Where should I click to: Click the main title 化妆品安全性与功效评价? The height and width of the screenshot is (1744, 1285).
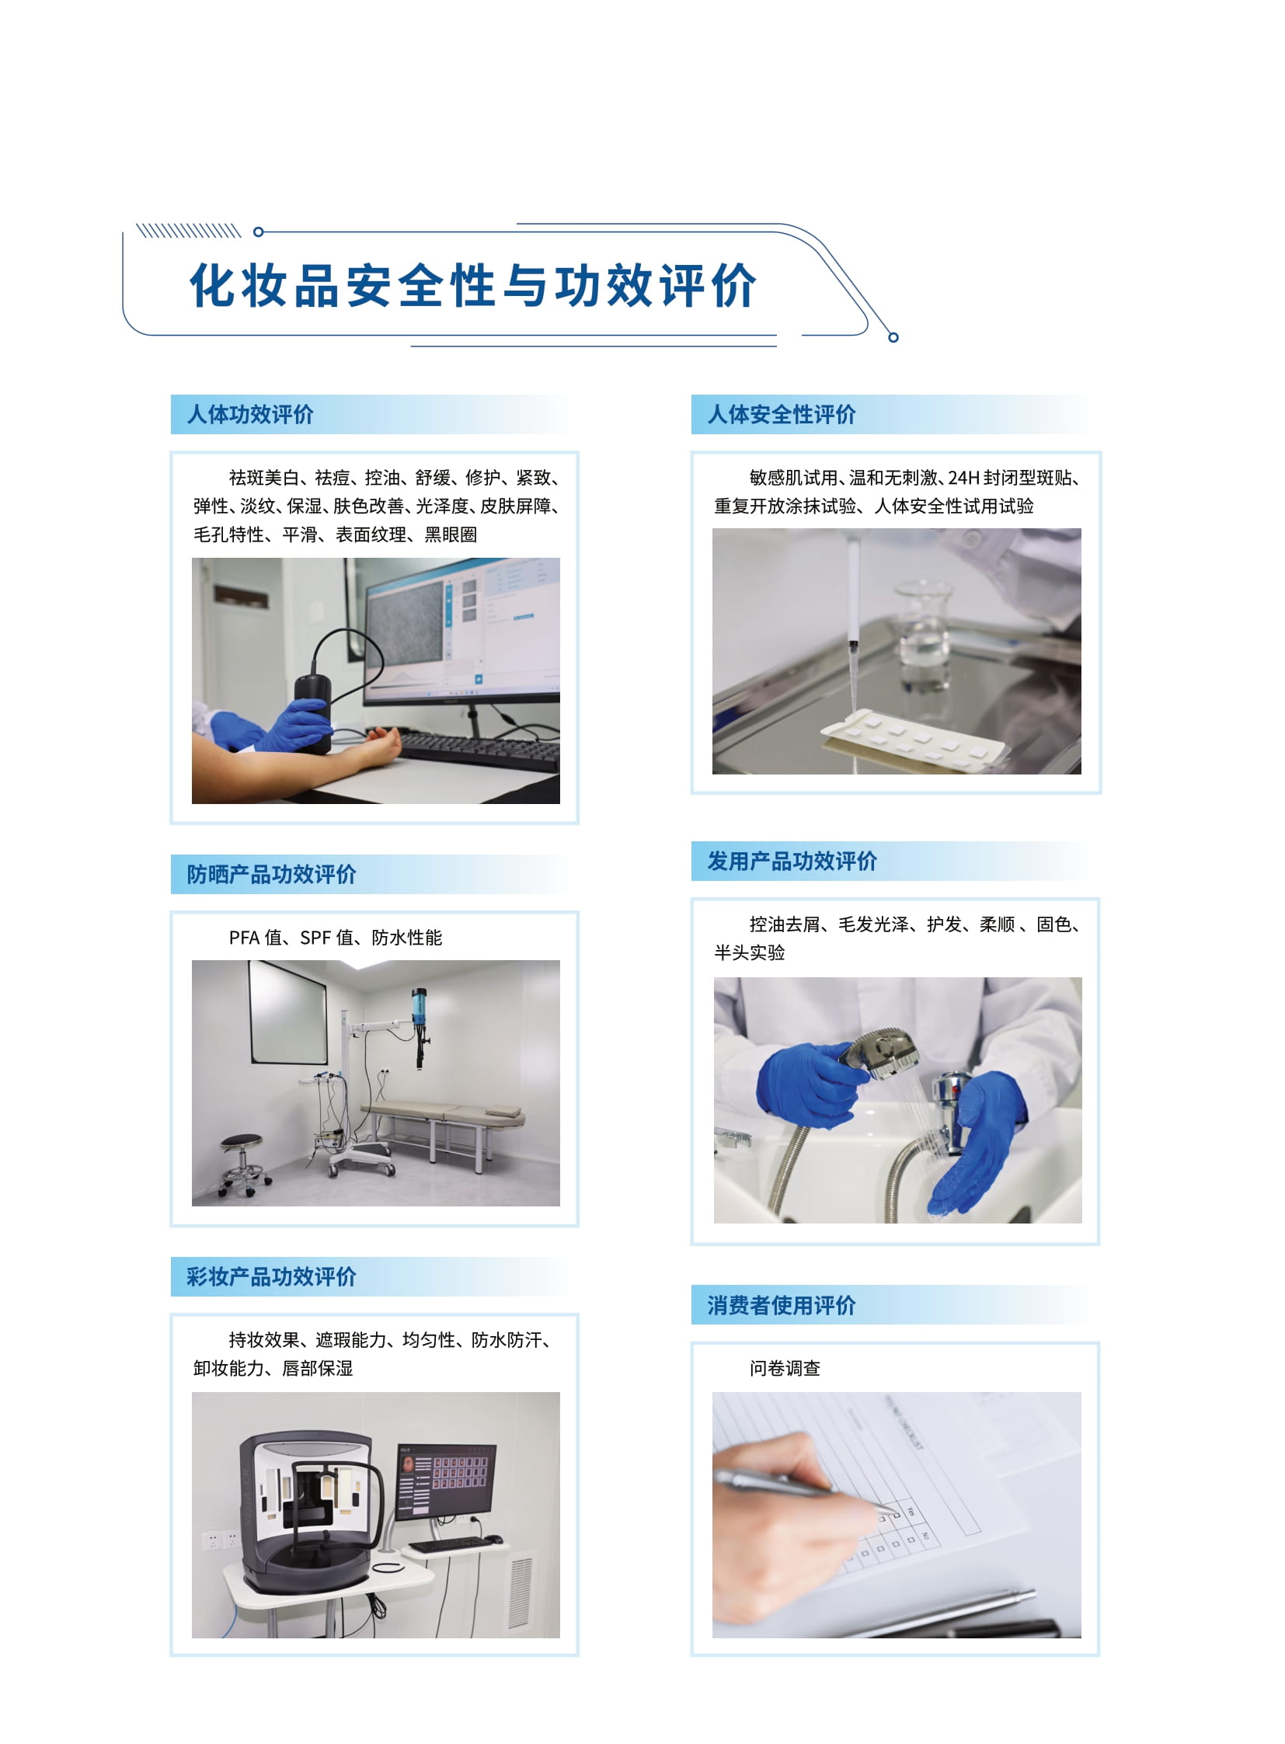474,285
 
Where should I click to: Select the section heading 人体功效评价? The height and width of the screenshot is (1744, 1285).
250,415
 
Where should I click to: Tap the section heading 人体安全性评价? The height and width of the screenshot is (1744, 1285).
781,415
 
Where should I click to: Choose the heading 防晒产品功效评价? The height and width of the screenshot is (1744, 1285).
271,875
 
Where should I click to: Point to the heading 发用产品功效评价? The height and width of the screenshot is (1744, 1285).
792,861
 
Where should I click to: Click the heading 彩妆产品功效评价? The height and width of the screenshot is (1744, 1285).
271,1276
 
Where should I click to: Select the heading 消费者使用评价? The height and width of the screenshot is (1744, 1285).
781,1305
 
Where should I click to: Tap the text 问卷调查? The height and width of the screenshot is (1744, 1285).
785,1368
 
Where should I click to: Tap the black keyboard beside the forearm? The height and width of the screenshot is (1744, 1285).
475,750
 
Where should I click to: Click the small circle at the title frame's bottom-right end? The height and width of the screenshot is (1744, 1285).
893,337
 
